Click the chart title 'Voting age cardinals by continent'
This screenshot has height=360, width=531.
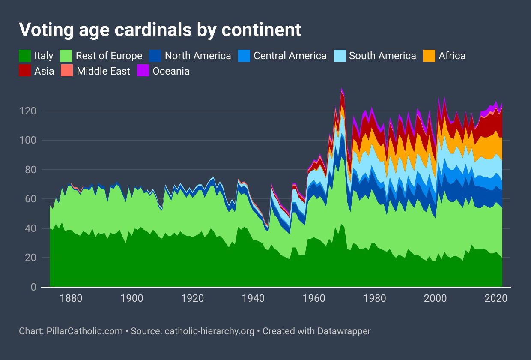160,30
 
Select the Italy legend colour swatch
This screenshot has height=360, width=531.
25,56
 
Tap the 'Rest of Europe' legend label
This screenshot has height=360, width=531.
109,56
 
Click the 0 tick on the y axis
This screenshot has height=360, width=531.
33,287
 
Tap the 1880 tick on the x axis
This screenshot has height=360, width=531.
71,298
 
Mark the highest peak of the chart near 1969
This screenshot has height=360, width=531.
342,88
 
